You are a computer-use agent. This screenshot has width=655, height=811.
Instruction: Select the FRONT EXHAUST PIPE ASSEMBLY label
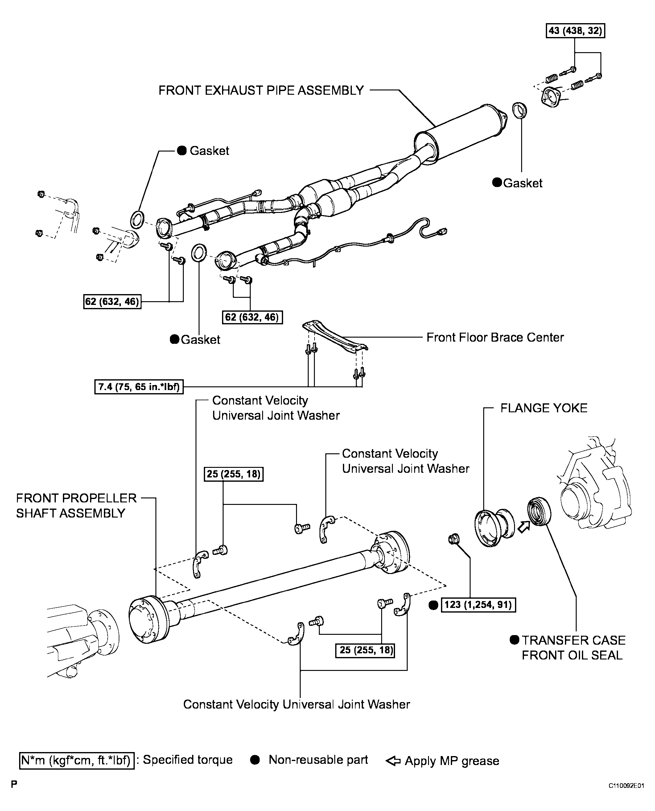tap(261, 91)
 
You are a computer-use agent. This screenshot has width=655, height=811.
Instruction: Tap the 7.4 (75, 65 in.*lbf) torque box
tap(139, 387)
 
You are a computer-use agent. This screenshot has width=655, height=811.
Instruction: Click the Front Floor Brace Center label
tap(495, 337)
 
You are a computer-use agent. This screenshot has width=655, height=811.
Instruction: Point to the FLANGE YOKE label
tap(544, 408)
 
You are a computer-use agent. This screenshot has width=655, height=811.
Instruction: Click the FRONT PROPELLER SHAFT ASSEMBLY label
tap(76, 505)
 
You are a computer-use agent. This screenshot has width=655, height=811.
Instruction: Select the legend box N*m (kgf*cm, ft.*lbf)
tap(76, 760)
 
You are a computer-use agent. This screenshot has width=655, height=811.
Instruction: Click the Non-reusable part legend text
tap(318, 760)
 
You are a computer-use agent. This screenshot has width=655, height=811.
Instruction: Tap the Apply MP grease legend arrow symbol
tap(393, 761)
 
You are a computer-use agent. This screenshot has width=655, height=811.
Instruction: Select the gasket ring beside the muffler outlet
tap(520, 110)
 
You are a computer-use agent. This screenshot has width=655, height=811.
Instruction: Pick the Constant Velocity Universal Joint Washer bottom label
tap(297, 704)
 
